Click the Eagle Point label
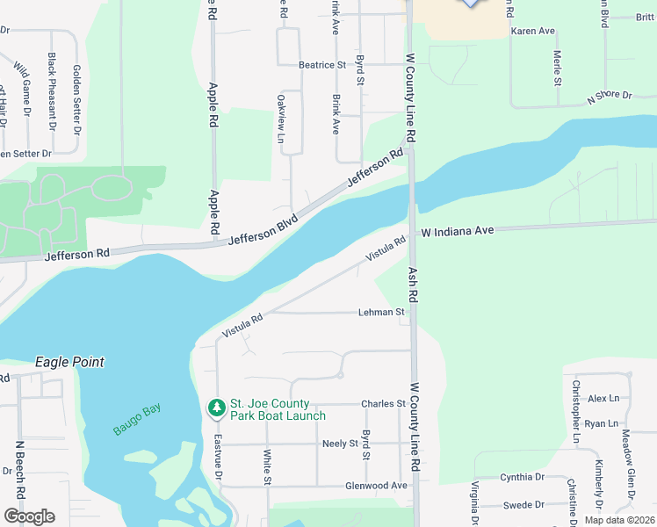[69, 362]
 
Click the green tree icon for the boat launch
[216, 408]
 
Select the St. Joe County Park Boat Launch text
[278, 409]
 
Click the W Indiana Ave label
[458, 231]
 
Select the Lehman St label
[381, 312]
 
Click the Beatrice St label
[322, 65]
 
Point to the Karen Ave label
[533, 31]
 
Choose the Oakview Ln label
[281, 119]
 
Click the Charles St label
[383, 404]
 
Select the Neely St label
[340, 444]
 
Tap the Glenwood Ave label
[376, 485]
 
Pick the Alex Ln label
[603, 399]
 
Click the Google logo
[29, 516]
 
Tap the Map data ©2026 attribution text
[618, 520]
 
